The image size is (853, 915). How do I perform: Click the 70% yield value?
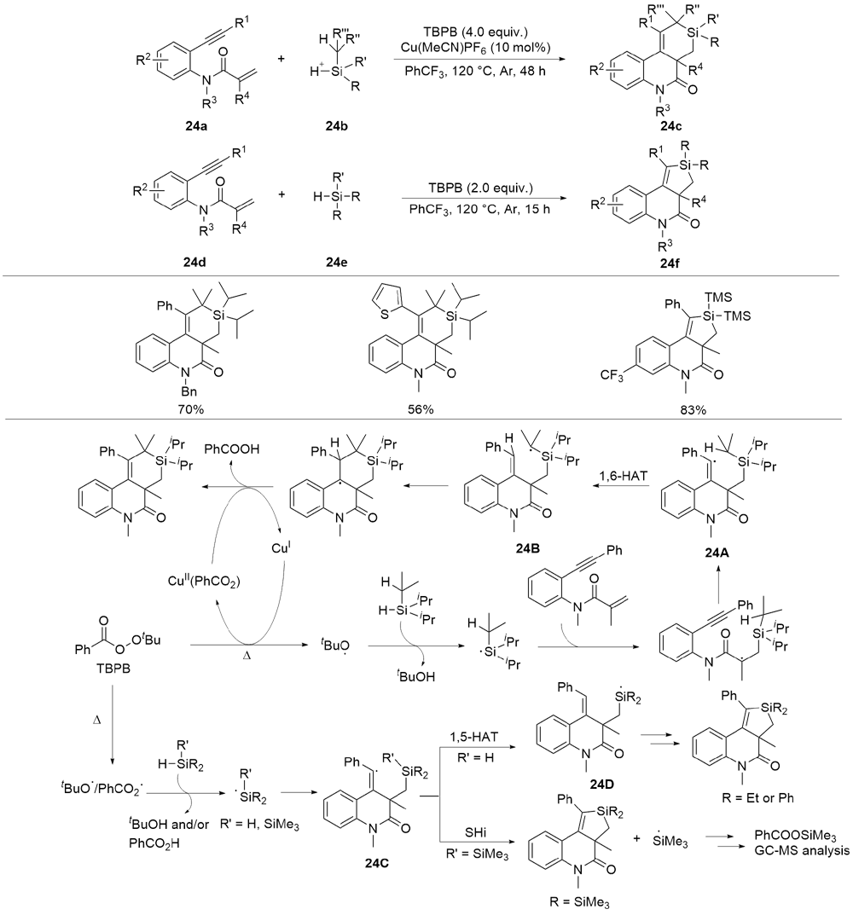(189, 409)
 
